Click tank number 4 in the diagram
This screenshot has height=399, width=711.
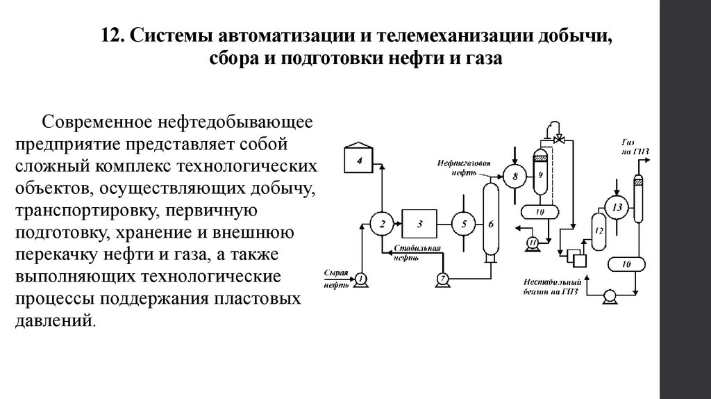360,161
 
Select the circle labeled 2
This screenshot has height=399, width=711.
381,223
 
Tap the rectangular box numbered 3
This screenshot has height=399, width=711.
419,223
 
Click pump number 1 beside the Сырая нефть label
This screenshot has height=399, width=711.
360,279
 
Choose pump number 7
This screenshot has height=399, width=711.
442,279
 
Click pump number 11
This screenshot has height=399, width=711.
532,242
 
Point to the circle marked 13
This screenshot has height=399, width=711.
614,206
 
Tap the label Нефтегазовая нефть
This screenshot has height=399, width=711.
464,168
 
